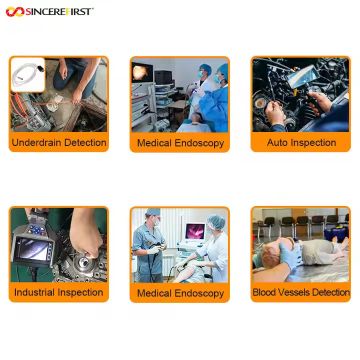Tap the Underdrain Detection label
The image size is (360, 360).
pos(58,143)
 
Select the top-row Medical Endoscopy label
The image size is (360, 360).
pos(180,144)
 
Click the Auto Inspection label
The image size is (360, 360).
pos(301,143)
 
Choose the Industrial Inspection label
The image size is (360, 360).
pos(58,292)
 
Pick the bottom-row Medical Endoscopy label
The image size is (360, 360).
pos(180,293)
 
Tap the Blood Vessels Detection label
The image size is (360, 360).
pos(301,292)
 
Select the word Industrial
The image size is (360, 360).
pos(34,292)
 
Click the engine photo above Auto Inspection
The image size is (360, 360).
pos(301,95)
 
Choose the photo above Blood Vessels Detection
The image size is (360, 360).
pos(301,245)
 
